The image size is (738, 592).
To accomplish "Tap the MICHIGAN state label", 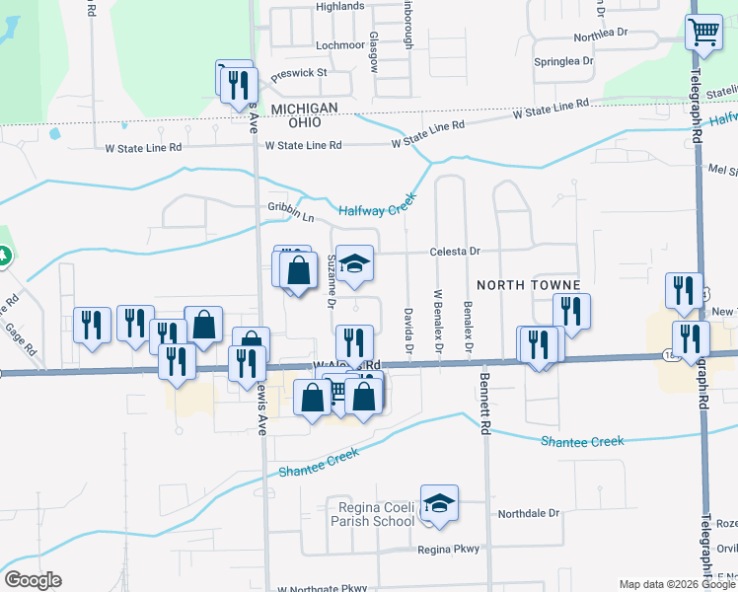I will (305, 108).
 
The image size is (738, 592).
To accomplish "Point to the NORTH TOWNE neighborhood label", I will (519, 284).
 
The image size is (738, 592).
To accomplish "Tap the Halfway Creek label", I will (378, 207).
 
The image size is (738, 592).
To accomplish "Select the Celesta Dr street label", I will (454, 252).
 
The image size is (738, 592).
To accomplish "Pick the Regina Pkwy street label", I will (447, 550).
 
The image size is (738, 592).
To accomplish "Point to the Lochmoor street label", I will (340, 45).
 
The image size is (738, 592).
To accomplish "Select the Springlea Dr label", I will (563, 60).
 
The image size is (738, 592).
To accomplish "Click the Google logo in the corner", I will (33, 580).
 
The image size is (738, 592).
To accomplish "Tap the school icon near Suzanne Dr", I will (356, 263).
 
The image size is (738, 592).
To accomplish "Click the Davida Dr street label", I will (407, 330).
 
